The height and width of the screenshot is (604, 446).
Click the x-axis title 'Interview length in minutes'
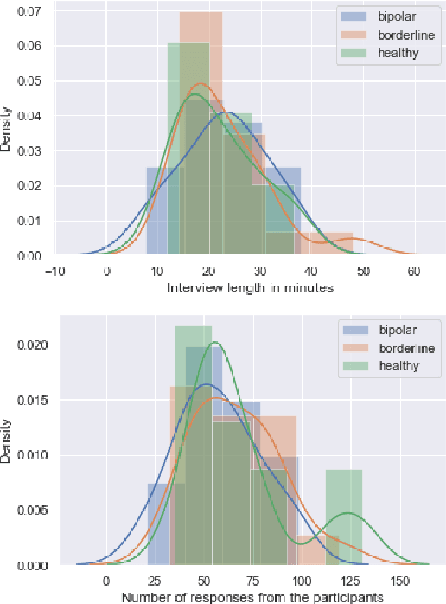tap(250, 288)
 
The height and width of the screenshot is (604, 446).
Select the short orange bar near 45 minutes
tap(327, 244)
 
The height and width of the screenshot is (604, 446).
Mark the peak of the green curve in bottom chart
tap(215, 342)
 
